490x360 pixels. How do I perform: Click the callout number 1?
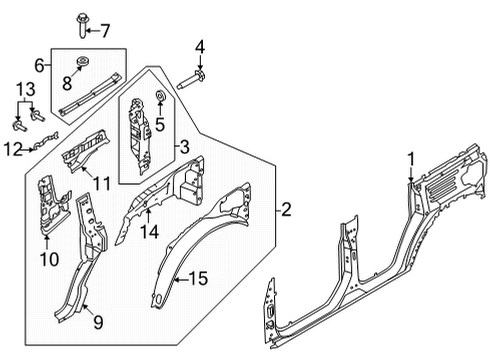[409, 156]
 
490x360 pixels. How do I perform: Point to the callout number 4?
[199, 45]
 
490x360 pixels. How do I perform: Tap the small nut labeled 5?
[157, 98]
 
